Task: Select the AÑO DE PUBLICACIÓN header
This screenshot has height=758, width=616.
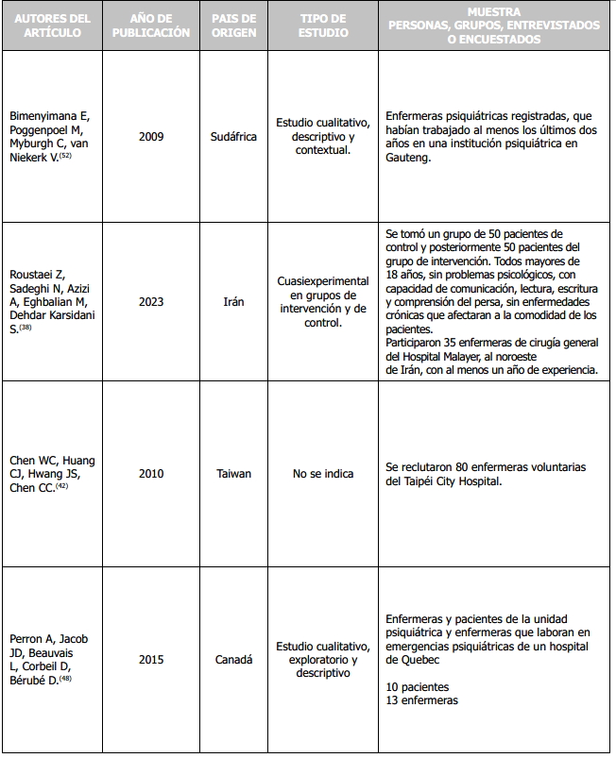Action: pos(150,25)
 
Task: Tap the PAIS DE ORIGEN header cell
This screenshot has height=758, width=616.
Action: pos(233,25)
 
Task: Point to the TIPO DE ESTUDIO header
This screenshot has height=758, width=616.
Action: pos(323,25)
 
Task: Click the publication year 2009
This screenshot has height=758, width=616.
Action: pos(150,137)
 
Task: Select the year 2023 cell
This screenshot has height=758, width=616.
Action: pos(150,302)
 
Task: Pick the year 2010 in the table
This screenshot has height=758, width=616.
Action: pos(150,474)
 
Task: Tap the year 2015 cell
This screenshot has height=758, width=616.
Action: pos(150,660)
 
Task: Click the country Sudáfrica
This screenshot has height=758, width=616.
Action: pos(233,137)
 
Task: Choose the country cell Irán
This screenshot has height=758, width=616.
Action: pos(233,302)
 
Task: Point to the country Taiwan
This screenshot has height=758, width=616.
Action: pos(233,474)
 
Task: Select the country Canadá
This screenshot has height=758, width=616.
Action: pos(233,660)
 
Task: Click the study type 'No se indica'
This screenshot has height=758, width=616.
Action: pos(323,474)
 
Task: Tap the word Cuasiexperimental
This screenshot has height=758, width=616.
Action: pos(323,281)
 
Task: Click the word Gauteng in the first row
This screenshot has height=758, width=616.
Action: pos(408,159)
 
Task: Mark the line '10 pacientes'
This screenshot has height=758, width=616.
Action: pos(418,686)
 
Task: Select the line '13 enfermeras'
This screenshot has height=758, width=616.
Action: pos(421,699)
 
